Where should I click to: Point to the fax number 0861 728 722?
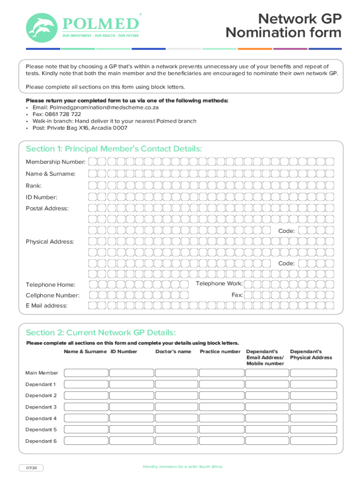click(63, 114)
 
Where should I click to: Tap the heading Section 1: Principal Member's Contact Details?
click(114, 149)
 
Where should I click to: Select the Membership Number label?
click(55, 162)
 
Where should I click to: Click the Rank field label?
click(34, 186)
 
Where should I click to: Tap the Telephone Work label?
click(219, 283)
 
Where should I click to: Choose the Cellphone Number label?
click(52, 295)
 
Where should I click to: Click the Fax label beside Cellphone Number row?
click(237, 295)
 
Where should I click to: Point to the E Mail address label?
click(46, 305)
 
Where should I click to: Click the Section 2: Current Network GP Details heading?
click(101, 333)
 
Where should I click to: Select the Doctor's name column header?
click(173, 351)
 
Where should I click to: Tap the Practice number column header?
click(220, 351)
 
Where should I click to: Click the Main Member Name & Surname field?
click(86, 373)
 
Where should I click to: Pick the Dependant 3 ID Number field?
click(131, 407)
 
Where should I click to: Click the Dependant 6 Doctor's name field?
click(176, 441)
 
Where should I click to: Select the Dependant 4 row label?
click(41, 418)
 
